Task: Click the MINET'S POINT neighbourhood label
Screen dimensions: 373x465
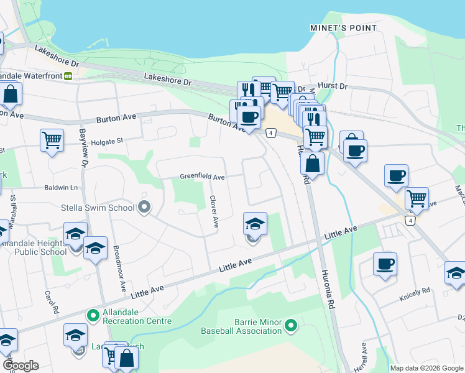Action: coord(343,28)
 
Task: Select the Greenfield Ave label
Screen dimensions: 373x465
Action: coord(202,177)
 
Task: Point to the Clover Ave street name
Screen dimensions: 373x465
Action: coord(214,211)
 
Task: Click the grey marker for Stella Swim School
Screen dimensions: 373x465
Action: coord(144,207)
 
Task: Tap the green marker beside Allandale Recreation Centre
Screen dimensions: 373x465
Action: coord(93,316)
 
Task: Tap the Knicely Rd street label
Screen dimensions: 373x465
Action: coord(417,291)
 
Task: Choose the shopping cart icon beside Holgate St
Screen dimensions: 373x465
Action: coord(52,139)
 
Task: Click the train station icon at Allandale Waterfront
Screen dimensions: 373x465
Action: coord(68,76)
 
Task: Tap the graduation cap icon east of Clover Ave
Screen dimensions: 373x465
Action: coord(255,223)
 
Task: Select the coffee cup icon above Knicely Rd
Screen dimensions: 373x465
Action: coord(385,263)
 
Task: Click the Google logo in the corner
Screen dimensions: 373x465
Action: coord(21,366)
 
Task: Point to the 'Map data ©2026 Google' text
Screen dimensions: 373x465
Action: coord(426,368)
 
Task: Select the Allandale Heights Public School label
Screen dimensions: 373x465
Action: coord(34,247)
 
